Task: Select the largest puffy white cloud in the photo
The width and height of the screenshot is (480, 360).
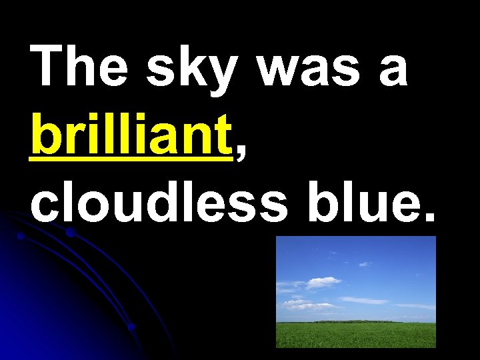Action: (x=323, y=281)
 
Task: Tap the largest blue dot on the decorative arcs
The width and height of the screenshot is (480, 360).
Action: (x=70, y=233)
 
